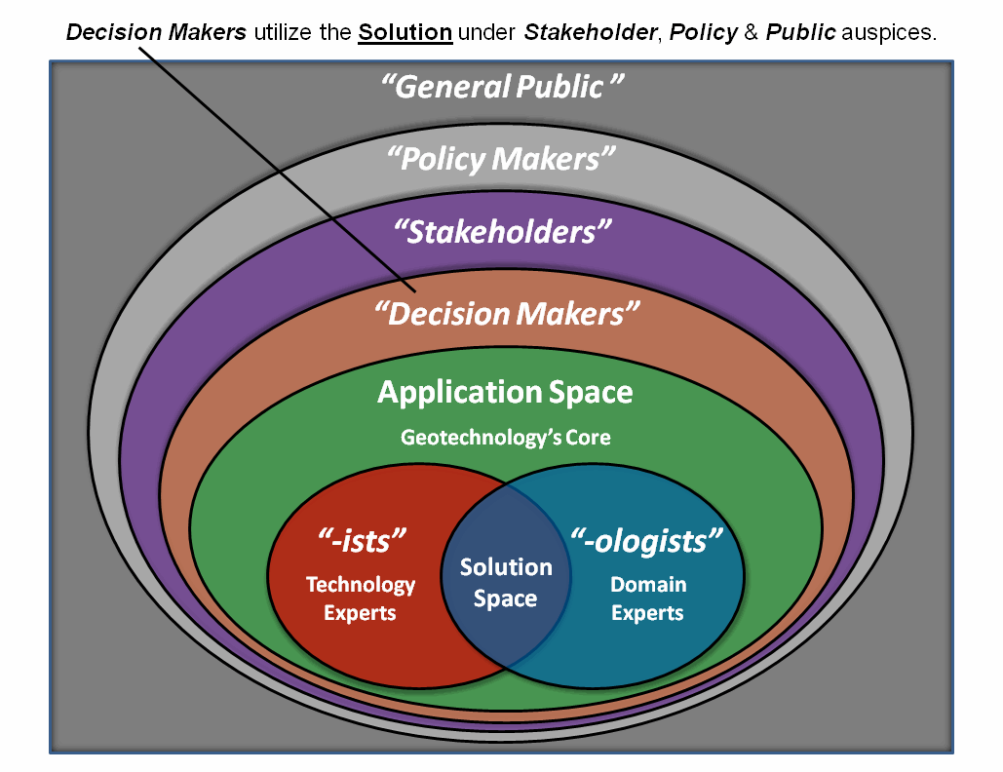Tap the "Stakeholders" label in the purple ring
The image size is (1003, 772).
tap(502, 232)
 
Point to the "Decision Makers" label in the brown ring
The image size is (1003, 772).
tap(508, 314)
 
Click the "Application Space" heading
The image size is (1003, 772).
tap(505, 393)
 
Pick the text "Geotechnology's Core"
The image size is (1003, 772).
tap(506, 438)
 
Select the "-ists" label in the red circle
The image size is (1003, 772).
tap(362, 541)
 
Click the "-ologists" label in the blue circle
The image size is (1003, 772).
tap(647, 541)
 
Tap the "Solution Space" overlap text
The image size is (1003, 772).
tap(506, 583)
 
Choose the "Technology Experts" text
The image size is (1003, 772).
tap(361, 598)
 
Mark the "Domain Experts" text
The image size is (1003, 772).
tap(648, 598)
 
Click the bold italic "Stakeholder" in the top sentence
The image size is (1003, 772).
tap(588, 32)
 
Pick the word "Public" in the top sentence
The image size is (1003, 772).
tap(800, 32)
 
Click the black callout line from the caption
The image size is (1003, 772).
tap(273, 167)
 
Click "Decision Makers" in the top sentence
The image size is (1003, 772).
tap(157, 32)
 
